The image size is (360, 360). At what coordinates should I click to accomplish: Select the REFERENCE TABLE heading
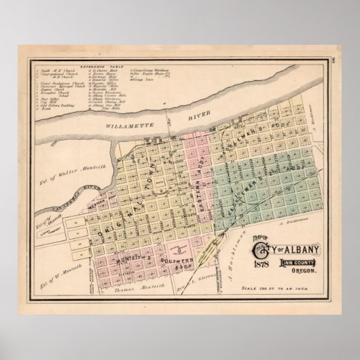(x=98, y=67)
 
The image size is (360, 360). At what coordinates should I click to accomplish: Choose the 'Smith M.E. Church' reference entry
(x=54, y=71)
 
